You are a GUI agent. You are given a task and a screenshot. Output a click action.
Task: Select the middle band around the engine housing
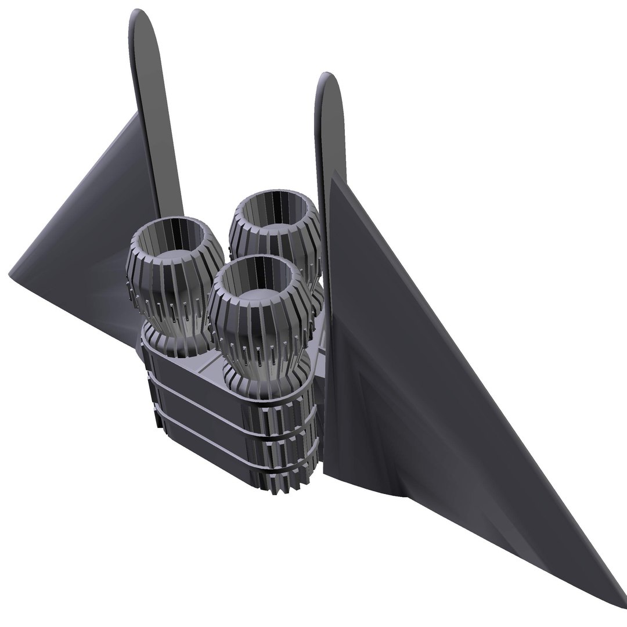(197, 409)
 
